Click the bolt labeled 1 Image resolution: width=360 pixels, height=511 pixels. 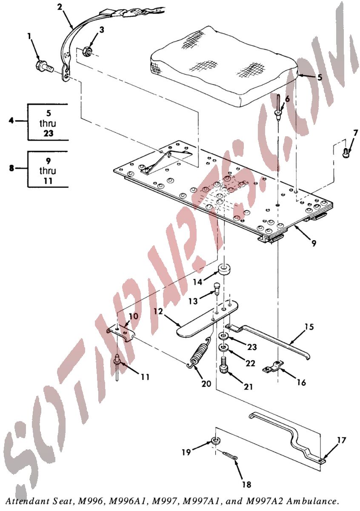pos(43,66)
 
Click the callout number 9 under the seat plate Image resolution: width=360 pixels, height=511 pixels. pos(313,244)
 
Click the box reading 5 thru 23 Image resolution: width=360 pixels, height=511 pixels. pos(48,122)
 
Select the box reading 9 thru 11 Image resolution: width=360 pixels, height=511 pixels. pos(48,169)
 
